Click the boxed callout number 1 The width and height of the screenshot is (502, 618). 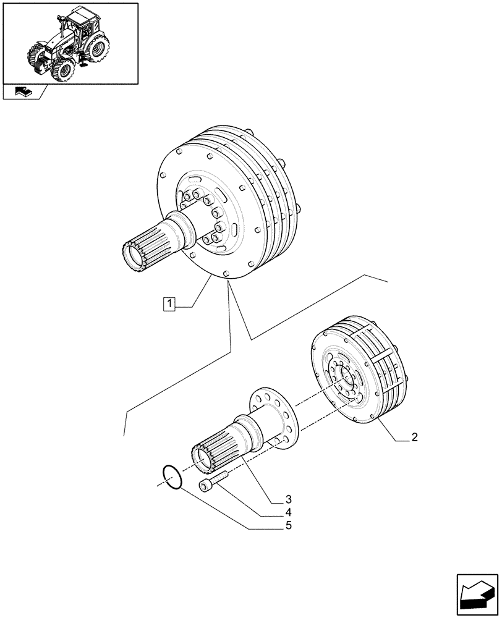pos(169,304)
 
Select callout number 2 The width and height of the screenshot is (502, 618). pos(415,438)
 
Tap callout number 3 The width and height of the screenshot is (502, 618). pos(289,499)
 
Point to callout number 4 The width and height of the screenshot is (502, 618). pos(289,512)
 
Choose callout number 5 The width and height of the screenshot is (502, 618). pos(289,526)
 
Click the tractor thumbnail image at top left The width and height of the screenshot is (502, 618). pos(70,43)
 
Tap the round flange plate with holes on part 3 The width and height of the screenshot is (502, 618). pos(275,417)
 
